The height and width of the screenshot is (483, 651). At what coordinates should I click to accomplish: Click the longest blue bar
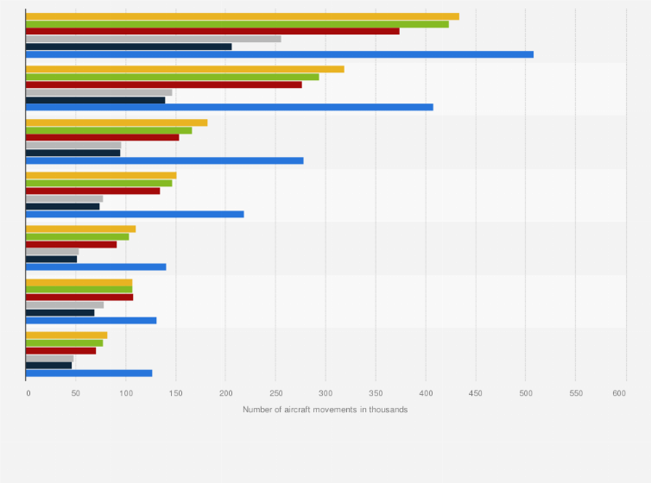click(x=279, y=54)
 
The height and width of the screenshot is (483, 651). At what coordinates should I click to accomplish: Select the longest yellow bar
click(x=242, y=16)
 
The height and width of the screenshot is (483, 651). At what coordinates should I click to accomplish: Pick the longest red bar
click(x=212, y=31)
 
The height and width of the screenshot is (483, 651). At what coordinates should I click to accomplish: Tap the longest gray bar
click(x=153, y=39)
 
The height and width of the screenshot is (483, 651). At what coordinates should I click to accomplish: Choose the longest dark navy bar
click(x=129, y=47)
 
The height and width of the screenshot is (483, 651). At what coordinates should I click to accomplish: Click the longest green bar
click(x=237, y=24)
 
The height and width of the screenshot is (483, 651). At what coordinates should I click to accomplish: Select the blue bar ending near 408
click(x=229, y=107)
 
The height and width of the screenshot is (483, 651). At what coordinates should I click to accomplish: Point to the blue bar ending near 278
click(x=164, y=160)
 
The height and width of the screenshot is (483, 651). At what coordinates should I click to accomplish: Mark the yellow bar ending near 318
click(x=185, y=69)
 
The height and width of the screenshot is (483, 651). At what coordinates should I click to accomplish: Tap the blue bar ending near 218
click(x=135, y=214)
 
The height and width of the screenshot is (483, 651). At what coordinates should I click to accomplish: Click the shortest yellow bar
click(x=66, y=335)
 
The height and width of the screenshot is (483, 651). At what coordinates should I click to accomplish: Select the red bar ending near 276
click(x=163, y=85)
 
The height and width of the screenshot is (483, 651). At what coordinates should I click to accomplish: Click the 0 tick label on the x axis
click(x=28, y=392)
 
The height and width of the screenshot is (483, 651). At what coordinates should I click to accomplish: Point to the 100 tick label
click(x=126, y=392)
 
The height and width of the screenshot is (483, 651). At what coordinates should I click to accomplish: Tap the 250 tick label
click(x=225, y=392)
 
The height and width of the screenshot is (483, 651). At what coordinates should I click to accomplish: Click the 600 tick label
click(x=619, y=392)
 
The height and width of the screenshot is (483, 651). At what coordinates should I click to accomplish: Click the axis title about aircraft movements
click(x=325, y=410)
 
